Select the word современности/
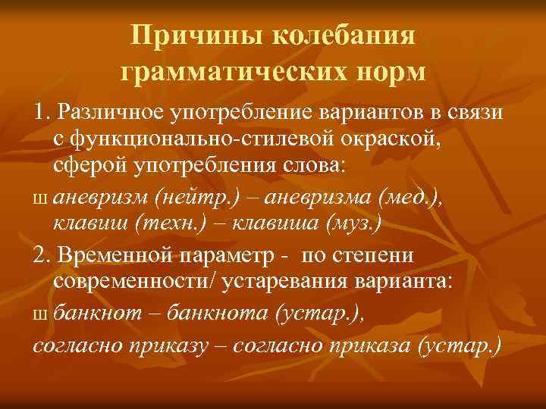point(139,281)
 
